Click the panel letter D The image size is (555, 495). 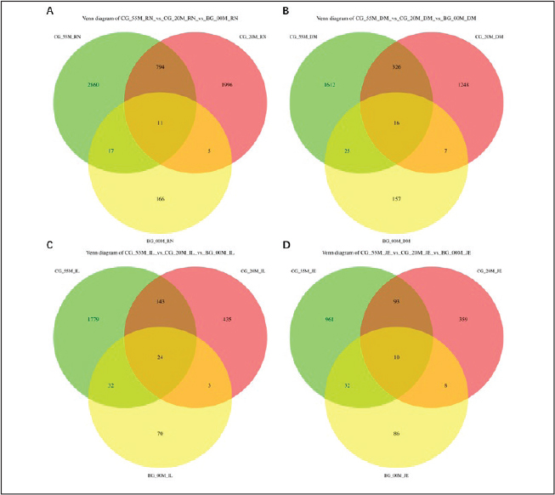[x=285, y=246]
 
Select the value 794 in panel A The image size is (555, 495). [x=161, y=65]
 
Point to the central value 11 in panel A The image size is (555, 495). [x=161, y=122]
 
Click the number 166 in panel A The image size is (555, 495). [x=161, y=198]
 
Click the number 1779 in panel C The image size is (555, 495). [x=103, y=319]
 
